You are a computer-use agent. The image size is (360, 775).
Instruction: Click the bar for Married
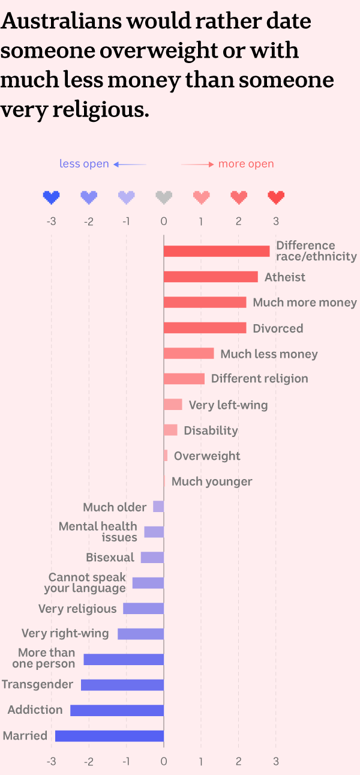coord(109,735)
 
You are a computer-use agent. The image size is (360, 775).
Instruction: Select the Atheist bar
coord(211,277)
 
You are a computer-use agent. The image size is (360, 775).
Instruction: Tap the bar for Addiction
coord(117,710)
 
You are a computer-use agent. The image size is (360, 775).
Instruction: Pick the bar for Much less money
coord(188,354)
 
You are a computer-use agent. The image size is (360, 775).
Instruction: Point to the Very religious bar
coord(143,609)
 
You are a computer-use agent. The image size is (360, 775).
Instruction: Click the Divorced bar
coord(205,328)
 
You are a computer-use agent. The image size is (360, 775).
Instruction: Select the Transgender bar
coord(122,684)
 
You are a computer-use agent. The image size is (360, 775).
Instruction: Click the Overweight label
coord(207,456)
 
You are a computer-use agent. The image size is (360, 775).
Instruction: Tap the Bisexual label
coord(110,558)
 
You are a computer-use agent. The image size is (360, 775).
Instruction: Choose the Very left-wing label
coord(228,405)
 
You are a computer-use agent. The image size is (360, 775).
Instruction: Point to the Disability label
coord(211,430)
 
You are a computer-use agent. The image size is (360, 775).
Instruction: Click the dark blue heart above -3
coord(52,197)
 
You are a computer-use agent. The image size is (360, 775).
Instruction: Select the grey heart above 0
coord(164,197)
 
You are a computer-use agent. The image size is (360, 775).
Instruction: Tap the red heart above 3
coord(276,197)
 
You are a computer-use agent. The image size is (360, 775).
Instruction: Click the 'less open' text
coord(84,164)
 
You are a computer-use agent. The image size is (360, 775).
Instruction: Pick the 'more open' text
coord(246,164)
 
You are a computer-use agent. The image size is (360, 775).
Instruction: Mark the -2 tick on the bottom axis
coord(89,761)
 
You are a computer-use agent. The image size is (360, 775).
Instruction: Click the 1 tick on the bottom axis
coord(201,761)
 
